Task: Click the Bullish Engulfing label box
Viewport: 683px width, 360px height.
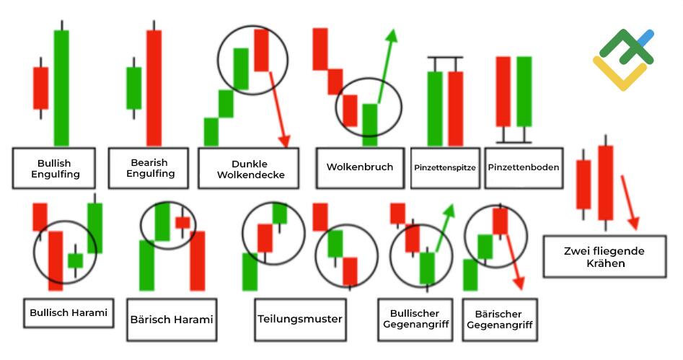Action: click(x=55, y=168)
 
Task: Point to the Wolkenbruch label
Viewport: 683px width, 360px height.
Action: click(x=360, y=167)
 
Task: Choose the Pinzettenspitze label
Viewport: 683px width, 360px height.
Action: click(x=445, y=167)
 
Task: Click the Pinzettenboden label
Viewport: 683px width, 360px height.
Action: click(x=523, y=167)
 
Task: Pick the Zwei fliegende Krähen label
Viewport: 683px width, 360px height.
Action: click(x=604, y=257)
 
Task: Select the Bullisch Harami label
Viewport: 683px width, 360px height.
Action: click(x=69, y=313)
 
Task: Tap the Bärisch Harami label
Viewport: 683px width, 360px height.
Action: click(x=172, y=319)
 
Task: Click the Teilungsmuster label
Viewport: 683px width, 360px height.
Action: click(x=299, y=318)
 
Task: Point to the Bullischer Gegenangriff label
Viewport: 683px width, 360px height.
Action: click(x=419, y=319)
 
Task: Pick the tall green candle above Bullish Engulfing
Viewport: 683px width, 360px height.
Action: click(x=61, y=87)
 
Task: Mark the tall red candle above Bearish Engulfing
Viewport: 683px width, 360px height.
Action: click(x=154, y=87)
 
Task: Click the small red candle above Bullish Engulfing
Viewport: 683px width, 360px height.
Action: click(x=40, y=87)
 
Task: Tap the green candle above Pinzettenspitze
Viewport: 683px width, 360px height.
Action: click(x=435, y=108)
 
